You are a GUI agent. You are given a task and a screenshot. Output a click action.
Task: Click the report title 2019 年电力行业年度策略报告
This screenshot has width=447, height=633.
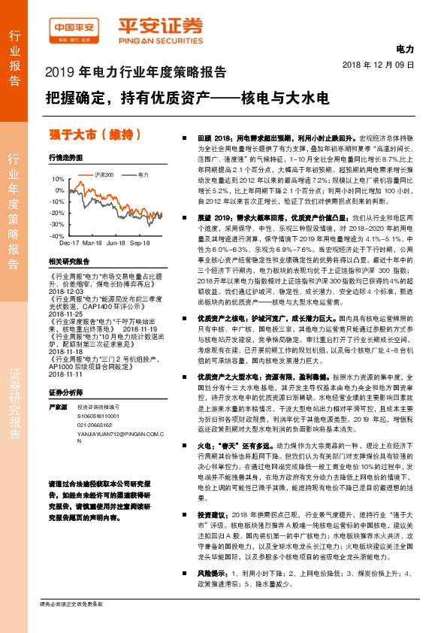click(x=136, y=73)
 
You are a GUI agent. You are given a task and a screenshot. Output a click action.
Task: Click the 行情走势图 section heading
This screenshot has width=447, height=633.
click(x=65, y=158)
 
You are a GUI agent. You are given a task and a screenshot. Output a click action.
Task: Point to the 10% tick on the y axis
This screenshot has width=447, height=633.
click(x=59, y=180)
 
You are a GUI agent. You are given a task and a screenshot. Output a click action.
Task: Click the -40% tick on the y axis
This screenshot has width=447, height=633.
click(x=58, y=236)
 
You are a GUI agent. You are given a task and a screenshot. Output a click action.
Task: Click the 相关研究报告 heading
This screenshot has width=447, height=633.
click(x=68, y=262)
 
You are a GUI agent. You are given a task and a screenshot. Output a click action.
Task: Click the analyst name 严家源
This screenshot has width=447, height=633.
click(x=58, y=385)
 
